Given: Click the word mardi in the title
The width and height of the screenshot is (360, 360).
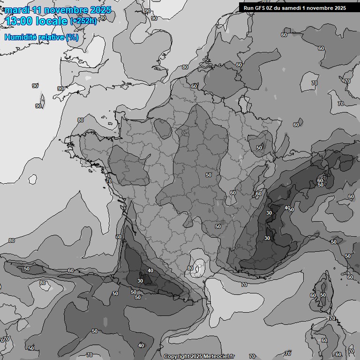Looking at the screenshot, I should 16,10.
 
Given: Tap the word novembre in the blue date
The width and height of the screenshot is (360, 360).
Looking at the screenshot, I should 67,10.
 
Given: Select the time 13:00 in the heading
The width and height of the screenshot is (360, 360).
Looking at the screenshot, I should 18,21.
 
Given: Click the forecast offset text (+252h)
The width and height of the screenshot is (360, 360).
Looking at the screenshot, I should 83,21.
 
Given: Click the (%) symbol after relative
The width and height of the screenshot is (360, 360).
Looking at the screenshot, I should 72,37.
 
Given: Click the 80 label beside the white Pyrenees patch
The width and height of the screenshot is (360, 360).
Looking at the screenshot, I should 190,269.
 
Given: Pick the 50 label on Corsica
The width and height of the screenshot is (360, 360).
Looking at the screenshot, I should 322,295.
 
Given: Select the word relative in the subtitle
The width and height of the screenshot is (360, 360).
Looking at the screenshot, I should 52,37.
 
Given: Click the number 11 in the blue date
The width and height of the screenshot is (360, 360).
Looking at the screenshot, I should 36,10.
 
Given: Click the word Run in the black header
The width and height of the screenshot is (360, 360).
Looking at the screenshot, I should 248,7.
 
